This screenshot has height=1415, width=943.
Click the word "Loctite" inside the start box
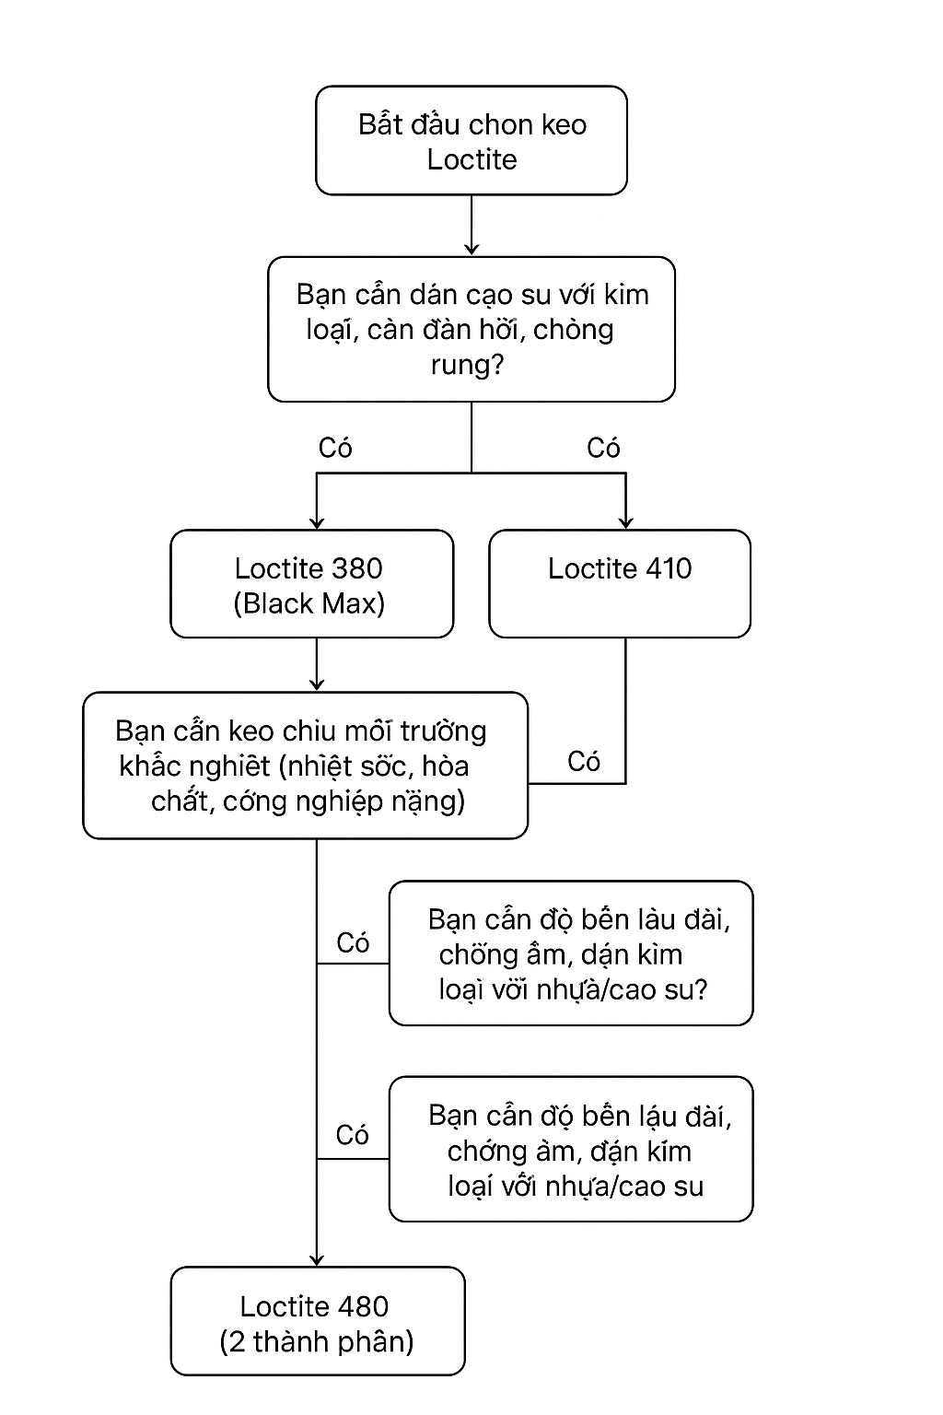pos(471,159)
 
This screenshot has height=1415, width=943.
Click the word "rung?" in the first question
pos(467,365)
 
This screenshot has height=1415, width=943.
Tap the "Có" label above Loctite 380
pos(335,448)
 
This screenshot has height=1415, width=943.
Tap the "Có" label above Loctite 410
pos(603,448)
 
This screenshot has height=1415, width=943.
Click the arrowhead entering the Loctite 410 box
pos(625,521)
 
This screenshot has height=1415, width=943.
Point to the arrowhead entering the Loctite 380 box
pos(317,521)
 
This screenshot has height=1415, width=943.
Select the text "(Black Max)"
pos(309,603)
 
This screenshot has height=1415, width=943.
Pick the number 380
pos(358,568)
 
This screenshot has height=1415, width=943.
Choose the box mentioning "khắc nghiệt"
pos(305,766)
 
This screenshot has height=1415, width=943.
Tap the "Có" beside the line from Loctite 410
pos(584,761)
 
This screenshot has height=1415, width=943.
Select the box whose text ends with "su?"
pos(571,953)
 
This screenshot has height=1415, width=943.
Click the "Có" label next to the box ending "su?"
pos(353,942)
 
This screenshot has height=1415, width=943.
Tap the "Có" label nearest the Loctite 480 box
pos(353,1134)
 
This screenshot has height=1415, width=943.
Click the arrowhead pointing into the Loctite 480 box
pos(317,1259)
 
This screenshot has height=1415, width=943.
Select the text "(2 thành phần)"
pos(317,1341)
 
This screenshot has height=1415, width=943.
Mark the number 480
pos(363,1306)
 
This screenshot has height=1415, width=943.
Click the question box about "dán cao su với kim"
pos(471,329)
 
